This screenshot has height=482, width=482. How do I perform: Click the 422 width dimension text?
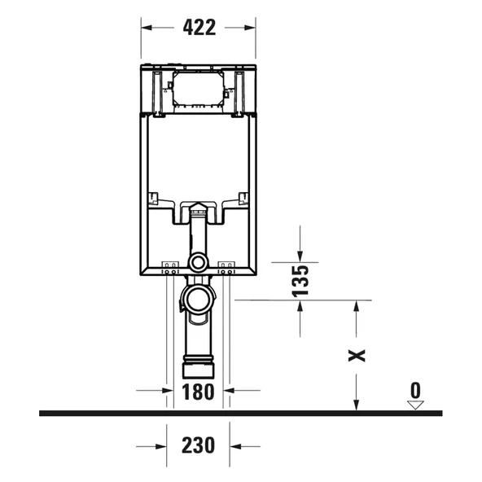[x=199, y=27]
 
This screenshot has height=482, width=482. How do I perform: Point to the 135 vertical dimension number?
[x=300, y=279]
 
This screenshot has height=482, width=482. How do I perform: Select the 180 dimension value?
[x=198, y=391]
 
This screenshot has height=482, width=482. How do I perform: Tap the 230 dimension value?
[x=198, y=445]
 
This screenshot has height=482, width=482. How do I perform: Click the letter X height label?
[x=357, y=355]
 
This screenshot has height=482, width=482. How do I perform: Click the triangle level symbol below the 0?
[x=416, y=402]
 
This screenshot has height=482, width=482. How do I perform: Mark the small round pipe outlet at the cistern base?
[x=198, y=262]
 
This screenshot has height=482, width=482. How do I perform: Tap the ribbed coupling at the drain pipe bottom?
[x=198, y=362]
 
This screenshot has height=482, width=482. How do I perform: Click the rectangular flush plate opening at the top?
[x=198, y=87]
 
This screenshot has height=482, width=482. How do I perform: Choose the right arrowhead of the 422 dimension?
[x=252, y=27]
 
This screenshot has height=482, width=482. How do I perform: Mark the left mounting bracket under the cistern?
[x=171, y=266]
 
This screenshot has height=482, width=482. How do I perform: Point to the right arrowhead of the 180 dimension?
[x=229, y=391]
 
